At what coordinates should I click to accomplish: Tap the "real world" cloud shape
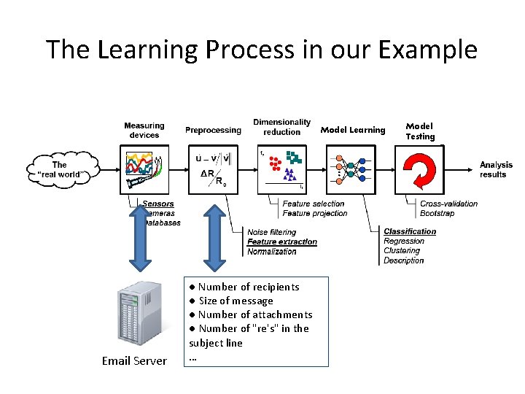[62, 169]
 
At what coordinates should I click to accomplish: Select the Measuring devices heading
[144, 130]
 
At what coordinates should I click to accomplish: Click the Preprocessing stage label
[213, 130]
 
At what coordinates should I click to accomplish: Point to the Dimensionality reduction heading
[281, 127]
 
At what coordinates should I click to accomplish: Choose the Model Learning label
[353, 130]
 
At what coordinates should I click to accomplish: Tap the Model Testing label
[420, 131]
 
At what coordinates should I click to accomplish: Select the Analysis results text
[496, 170]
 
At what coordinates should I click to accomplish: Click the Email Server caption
[134, 360]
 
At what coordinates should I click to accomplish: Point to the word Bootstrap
[437, 213]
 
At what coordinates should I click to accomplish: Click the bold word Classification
[410, 231]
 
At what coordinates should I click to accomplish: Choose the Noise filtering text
[272, 232]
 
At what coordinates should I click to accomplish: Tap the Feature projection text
[315, 213]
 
